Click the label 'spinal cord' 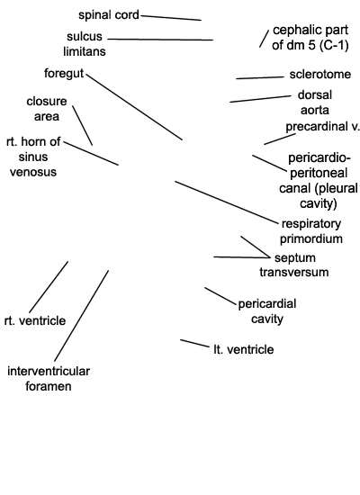tap(109, 15)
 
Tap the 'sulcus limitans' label tap(85, 44)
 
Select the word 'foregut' tap(64, 74)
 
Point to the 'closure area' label tap(47, 109)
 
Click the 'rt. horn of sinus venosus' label tap(33, 157)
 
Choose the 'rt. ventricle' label tap(35, 320)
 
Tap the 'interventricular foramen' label tap(49, 379)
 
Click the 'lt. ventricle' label tap(244, 349)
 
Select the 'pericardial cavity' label tap(267, 311)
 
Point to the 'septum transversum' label tap(294, 265)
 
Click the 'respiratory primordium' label tap(311, 231)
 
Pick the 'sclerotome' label tap(320, 75)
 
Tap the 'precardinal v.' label tap(323, 127)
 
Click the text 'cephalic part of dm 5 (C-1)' tap(310, 38)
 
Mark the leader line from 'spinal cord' tap(171, 18)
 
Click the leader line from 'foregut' tap(134, 107)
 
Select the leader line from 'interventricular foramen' tap(82, 316)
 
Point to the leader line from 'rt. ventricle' tap(49, 287)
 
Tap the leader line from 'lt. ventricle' tap(194, 344)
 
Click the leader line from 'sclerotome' tap(260, 77)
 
